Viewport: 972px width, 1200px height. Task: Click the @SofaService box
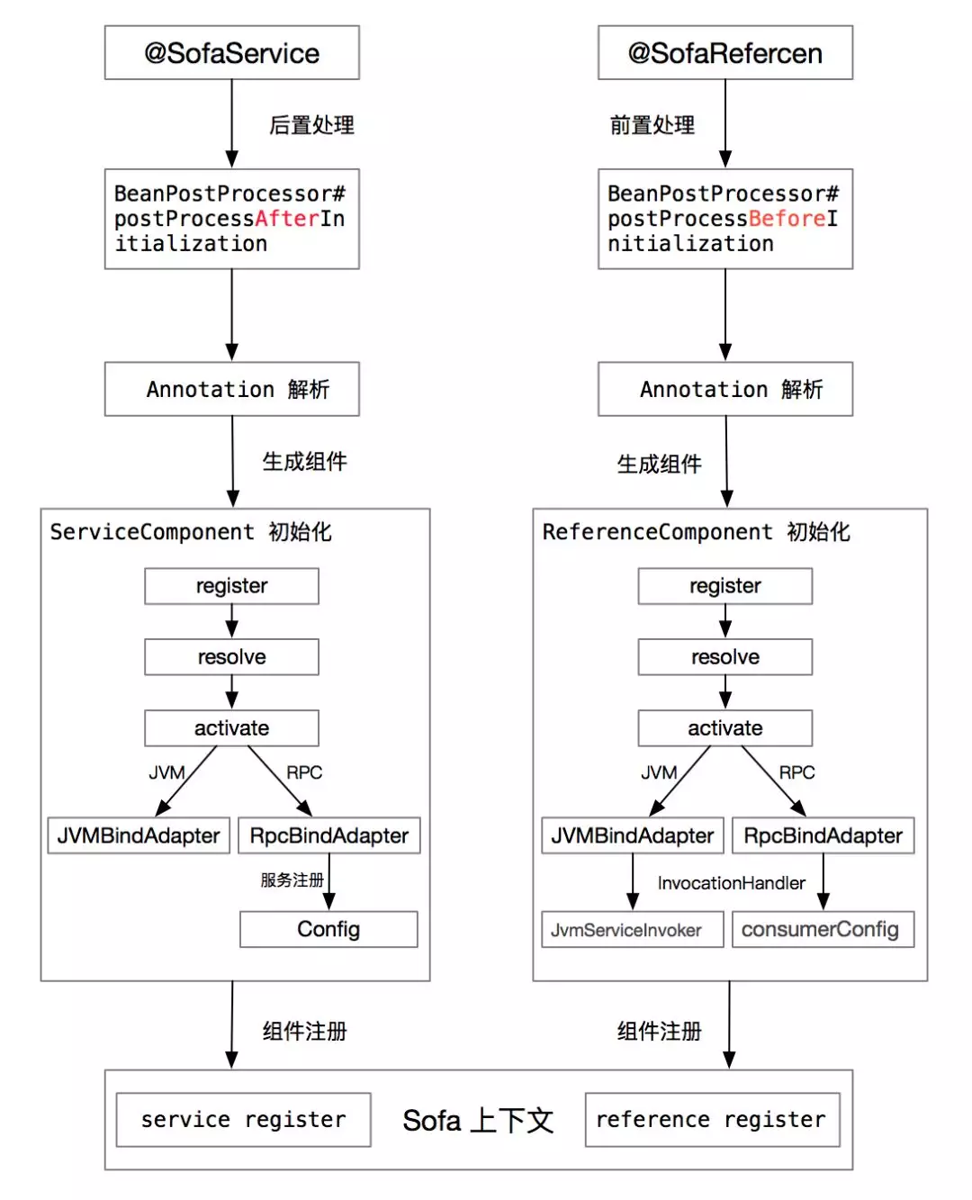[231, 53]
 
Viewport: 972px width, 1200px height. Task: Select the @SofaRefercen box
[724, 53]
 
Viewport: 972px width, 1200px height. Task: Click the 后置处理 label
[311, 125]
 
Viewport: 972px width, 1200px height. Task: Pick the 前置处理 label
[652, 125]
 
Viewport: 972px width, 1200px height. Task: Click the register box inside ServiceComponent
[231, 586]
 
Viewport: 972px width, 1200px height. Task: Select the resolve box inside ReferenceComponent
[724, 657]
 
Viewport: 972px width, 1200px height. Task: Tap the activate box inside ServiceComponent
[231, 728]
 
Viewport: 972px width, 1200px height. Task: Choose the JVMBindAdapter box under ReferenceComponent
[632, 835]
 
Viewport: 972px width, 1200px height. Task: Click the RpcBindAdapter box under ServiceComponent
[328, 835]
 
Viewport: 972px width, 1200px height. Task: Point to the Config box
[328, 929]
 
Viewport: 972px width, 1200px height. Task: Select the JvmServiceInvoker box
[632, 930]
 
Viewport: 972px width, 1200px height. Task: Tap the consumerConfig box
[823, 930]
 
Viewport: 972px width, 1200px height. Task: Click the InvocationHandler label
[731, 883]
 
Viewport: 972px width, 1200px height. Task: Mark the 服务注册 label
[292, 880]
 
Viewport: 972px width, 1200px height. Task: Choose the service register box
[243, 1120]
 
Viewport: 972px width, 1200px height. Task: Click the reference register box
[711, 1120]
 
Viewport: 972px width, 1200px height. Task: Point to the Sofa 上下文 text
[478, 1121]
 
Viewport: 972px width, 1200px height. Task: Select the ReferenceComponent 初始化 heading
[696, 532]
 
